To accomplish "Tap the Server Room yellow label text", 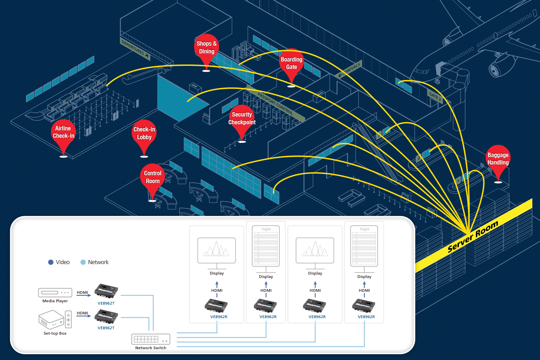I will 473,236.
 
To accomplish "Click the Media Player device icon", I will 55,292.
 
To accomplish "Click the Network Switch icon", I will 151,339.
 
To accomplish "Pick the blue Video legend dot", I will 51,262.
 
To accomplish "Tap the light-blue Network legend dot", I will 83,262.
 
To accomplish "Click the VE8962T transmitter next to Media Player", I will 106,291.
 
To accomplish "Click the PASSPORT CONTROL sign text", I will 275,103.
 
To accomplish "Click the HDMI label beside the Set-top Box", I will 82,313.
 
